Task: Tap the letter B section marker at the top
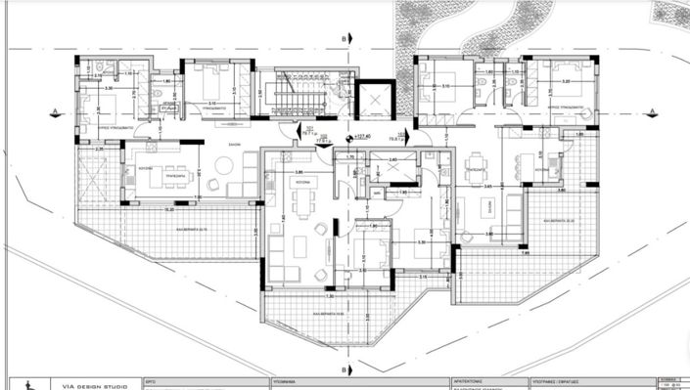[345, 38]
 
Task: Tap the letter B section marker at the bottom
[345, 369]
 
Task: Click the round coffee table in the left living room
[214, 184]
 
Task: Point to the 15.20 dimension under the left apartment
[168, 209]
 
